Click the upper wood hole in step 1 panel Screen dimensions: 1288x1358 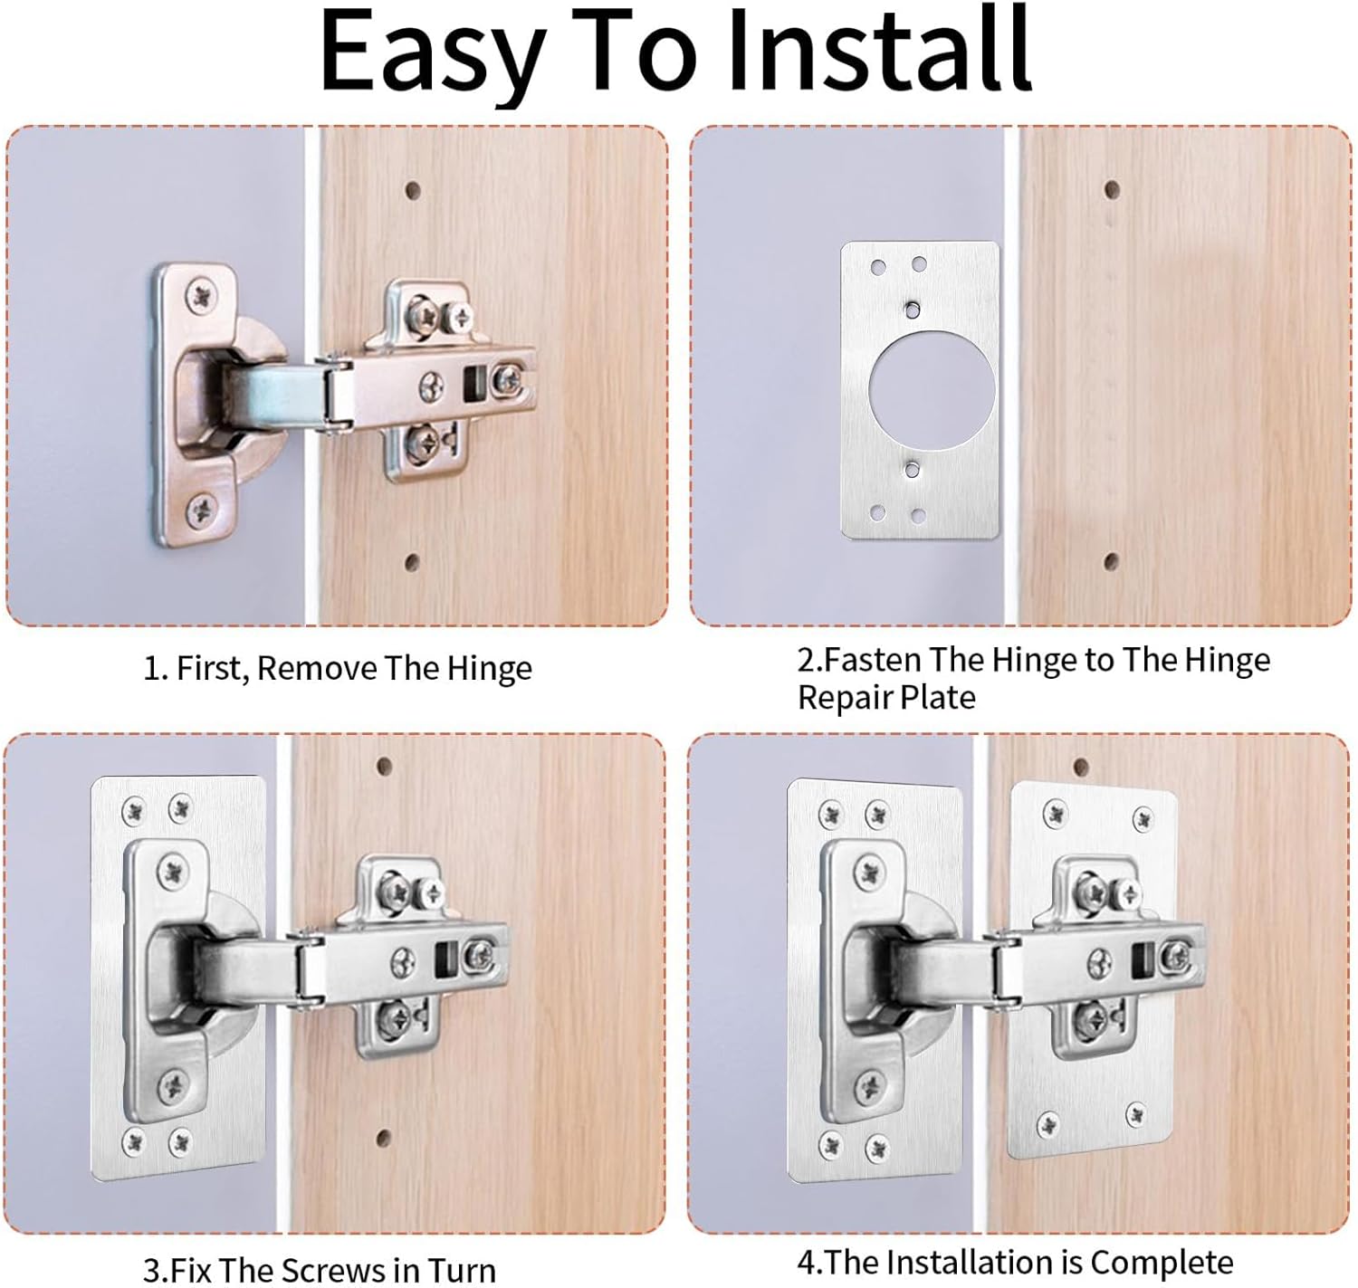pos(413,190)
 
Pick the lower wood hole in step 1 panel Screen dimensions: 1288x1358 pos(412,563)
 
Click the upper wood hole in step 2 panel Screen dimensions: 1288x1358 pos(1112,190)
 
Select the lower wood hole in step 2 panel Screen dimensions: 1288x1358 pos(1112,562)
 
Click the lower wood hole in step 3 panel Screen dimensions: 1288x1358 pos(383,1137)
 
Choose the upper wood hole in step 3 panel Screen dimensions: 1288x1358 pos(384,766)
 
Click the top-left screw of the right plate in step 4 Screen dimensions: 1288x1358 pos(1055,812)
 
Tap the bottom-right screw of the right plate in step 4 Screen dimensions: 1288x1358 pos(1135,1115)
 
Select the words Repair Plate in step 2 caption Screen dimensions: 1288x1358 pos(886,698)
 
